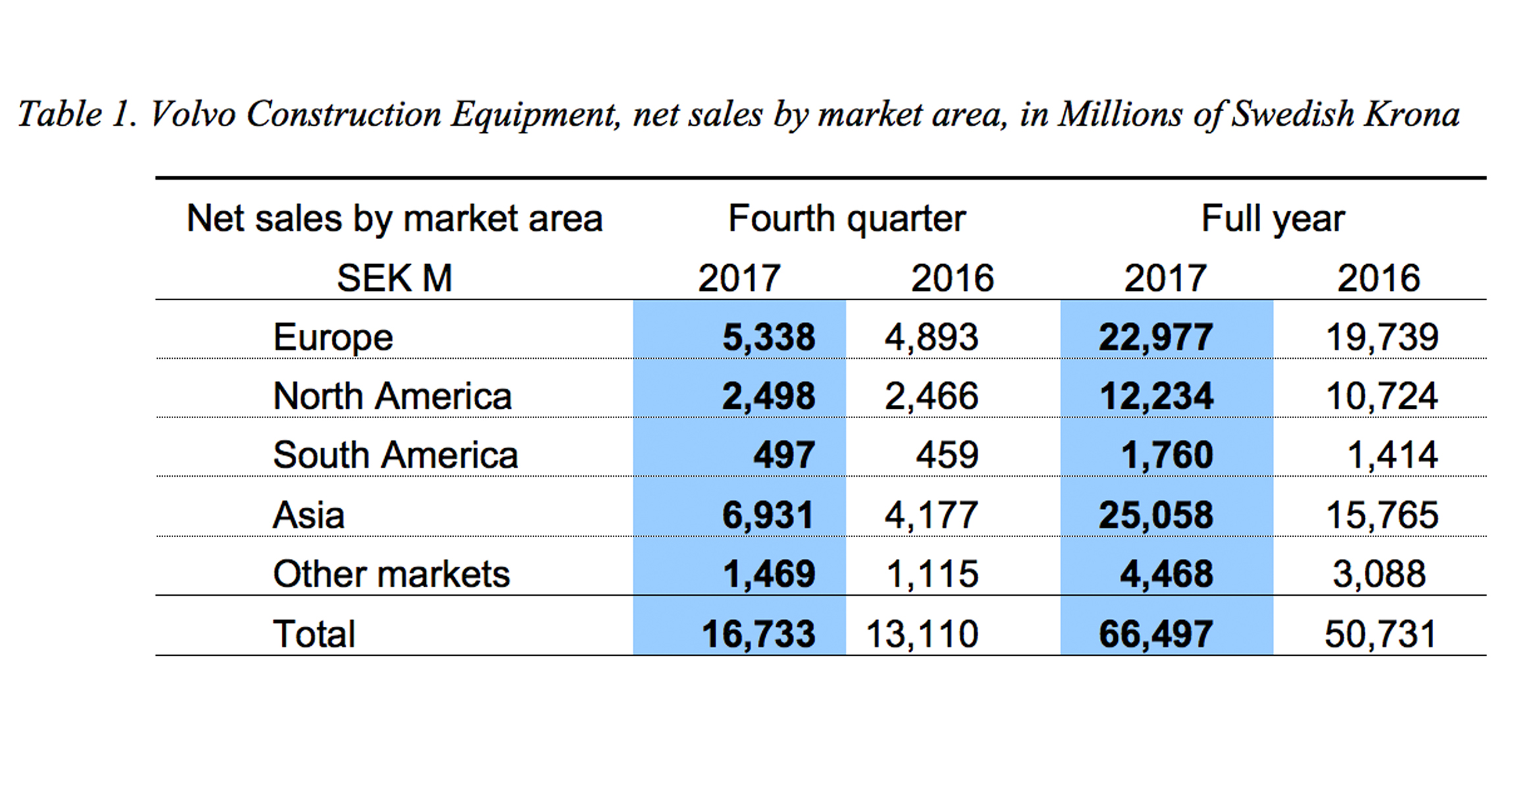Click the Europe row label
pos(332,338)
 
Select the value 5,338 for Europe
pos(768,338)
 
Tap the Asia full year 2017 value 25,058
pos(1155,515)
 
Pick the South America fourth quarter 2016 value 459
pos(947,456)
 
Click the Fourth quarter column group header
pos(847,219)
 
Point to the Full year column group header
pos(1273,219)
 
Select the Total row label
pos(314,634)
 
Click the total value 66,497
pos(1155,634)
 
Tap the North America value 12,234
pos(1156,396)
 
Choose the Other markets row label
pos(391,574)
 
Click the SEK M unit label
pos(394,278)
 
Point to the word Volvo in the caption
pos(193,114)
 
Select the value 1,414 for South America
pos(1392,456)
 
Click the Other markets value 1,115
pos(932,574)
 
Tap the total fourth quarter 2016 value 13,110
pos(922,634)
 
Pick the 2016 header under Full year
pos(1378,278)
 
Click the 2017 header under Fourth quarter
pos(739,278)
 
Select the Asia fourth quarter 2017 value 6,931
pos(768,515)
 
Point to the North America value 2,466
pos(931,396)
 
